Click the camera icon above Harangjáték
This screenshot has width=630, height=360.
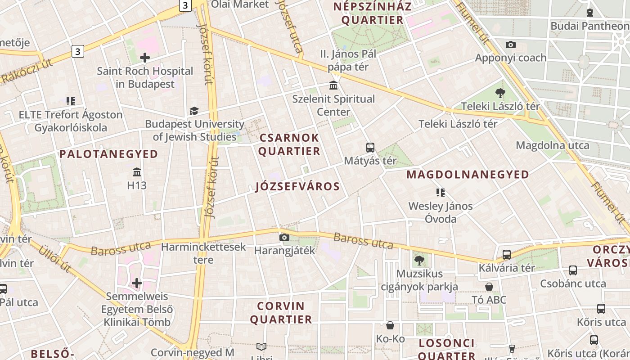(x=284, y=237)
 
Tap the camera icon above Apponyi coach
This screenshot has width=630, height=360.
(x=511, y=45)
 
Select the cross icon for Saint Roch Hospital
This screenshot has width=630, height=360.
(x=145, y=57)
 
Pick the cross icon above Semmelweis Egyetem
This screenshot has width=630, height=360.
(x=137, y=283)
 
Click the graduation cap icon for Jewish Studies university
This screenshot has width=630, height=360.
(x=194, y=111)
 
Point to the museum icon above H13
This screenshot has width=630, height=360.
(x=137, y=172)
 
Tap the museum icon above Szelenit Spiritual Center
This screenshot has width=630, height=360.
(x=333, y=85)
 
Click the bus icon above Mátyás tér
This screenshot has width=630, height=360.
(x=370, y=147)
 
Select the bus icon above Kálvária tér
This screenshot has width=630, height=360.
(x=507, y=255)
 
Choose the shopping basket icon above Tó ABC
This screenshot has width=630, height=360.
(x=489, y=287)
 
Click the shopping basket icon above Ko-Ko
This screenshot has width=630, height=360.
(x=390, y=325)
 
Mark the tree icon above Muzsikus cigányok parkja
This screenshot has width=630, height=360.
(x=419, y=260)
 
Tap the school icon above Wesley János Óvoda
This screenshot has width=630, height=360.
(x=441, y=193)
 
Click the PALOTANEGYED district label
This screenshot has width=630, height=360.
(x=109, y=154)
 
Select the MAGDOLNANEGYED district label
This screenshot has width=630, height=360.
(x=468, y=175)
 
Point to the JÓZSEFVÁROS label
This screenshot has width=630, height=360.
(x=297, y=186)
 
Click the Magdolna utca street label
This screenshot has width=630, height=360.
(x=552, y=145)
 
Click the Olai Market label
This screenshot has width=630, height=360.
(x=240, y=4)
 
